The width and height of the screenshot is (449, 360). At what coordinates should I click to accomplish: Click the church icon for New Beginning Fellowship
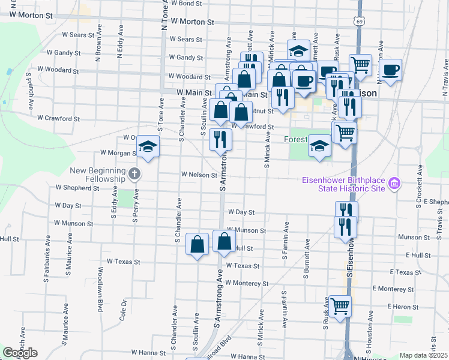(x=134, y=175)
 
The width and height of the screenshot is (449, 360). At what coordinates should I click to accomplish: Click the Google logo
(x=20, y=353)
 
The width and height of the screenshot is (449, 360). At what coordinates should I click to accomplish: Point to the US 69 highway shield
(x=359, y=21)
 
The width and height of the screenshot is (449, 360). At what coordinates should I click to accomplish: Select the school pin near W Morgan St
(x=147, y=147)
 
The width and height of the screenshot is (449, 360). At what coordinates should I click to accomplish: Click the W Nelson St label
(x=199, y=175)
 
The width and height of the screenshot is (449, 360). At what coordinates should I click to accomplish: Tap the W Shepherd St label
(x=77, y=188)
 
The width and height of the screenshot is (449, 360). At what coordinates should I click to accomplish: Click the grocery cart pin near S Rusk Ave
(x=340, y=306)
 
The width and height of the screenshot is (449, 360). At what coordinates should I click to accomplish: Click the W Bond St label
(x=186, y=3)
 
